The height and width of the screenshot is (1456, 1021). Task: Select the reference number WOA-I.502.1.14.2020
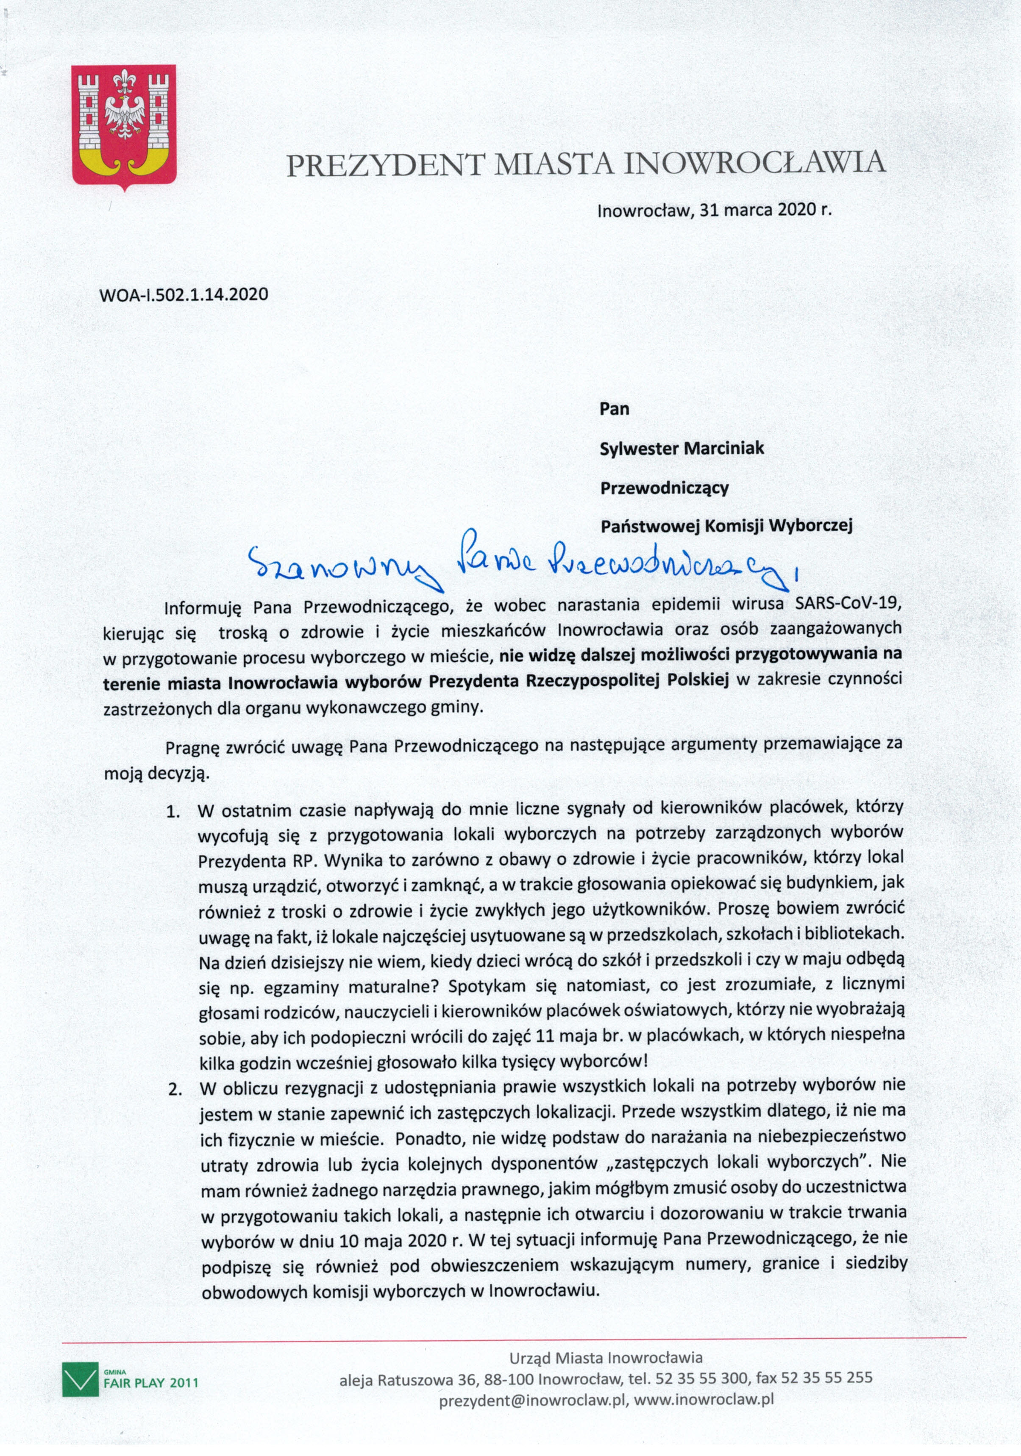click(x=184, y=294)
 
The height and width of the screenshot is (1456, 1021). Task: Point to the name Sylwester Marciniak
click(x=682, y=448)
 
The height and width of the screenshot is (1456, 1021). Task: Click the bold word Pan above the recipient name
click(x=614, y=409)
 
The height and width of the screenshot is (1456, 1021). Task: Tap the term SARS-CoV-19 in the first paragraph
click(x=848, y=603)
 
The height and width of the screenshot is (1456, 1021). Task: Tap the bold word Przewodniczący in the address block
click(x=664, y=488)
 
